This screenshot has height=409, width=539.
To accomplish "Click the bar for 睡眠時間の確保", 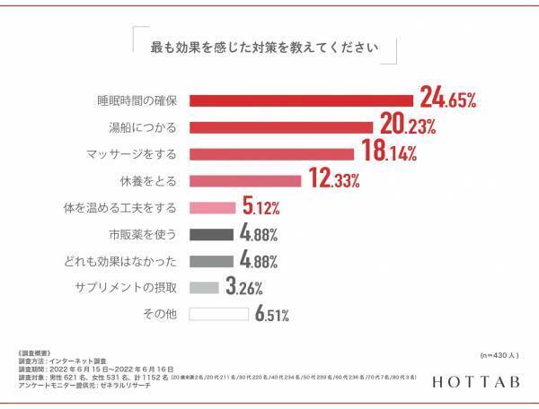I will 300,100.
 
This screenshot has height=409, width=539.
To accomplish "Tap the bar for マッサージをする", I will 271,153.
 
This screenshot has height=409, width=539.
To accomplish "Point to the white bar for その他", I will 218,315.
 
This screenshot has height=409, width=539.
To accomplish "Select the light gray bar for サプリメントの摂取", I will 204,288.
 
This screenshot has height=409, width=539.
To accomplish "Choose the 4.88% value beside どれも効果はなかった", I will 258,261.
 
